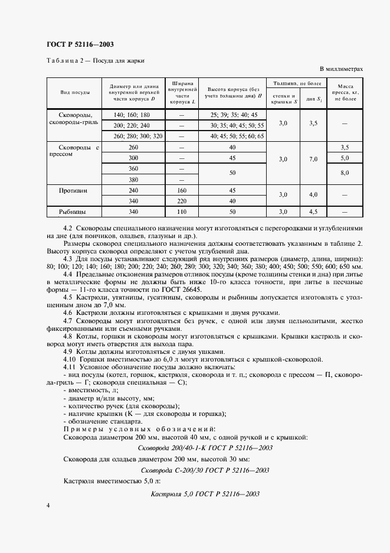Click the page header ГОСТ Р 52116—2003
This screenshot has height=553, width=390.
[81, 45]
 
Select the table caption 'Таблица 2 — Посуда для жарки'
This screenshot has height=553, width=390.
[95, 60]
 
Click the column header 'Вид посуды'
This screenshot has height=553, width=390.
[74, 93]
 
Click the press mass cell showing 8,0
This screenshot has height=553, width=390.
[345, 173]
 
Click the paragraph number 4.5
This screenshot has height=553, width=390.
[68, 297]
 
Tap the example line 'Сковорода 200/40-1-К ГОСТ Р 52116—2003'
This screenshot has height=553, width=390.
[205, 448]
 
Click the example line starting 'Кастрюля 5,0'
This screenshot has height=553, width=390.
[205, 493]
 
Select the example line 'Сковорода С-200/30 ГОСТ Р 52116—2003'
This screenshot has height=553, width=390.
[205, 471]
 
